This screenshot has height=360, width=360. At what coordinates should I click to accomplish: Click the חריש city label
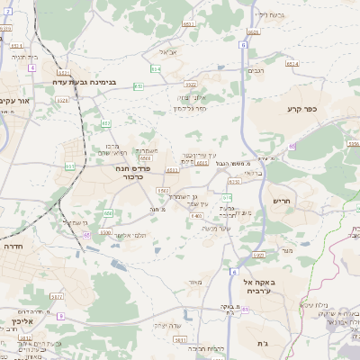[x=282, y=201]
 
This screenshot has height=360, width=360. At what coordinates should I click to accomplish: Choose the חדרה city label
[x=13, y=245]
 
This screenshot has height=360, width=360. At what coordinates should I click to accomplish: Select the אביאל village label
[x=177, y=52]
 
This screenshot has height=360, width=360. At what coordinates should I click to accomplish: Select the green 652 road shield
[x=106, y=122]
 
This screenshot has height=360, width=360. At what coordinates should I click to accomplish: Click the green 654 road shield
[x=156, y=68]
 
